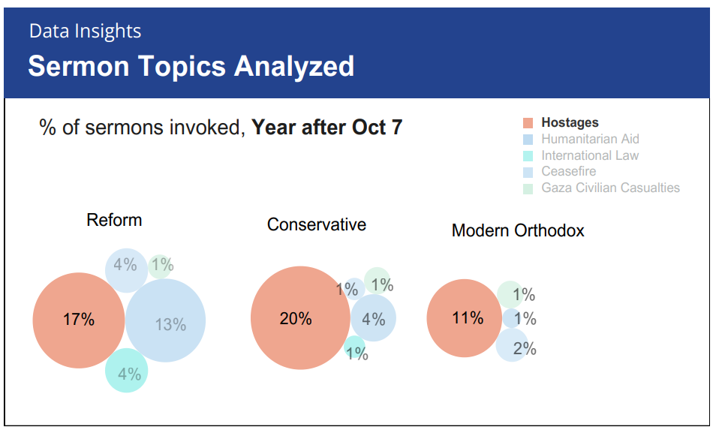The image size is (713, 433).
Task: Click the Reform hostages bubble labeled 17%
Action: [79, 320]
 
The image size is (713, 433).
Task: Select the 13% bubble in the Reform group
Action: [166, 320]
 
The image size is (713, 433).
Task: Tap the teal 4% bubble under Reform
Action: [126, 370]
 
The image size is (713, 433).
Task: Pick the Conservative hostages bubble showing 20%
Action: [300, 317]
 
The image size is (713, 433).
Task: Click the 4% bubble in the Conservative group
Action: [373, 318]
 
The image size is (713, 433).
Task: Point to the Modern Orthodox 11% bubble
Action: [465, 318]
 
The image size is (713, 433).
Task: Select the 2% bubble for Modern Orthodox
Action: [512, 345]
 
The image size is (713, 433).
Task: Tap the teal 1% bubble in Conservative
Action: [354, 348]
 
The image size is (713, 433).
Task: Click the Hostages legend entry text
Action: [570, 122]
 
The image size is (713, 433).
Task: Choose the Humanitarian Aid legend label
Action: [590, 139]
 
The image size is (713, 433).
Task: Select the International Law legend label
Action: [590, 155]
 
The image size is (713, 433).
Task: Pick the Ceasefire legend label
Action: [568, 171]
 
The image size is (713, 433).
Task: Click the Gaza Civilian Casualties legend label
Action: [610, 188]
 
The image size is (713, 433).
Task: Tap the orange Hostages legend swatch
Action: [528, 123]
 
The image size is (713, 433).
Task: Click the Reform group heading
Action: [114, 220]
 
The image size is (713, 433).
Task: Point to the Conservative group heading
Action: [317, 224]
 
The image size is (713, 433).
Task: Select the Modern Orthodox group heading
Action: [518, 230]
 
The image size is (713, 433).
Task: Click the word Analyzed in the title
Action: [293, 67]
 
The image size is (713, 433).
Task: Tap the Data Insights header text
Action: [85, 32]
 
